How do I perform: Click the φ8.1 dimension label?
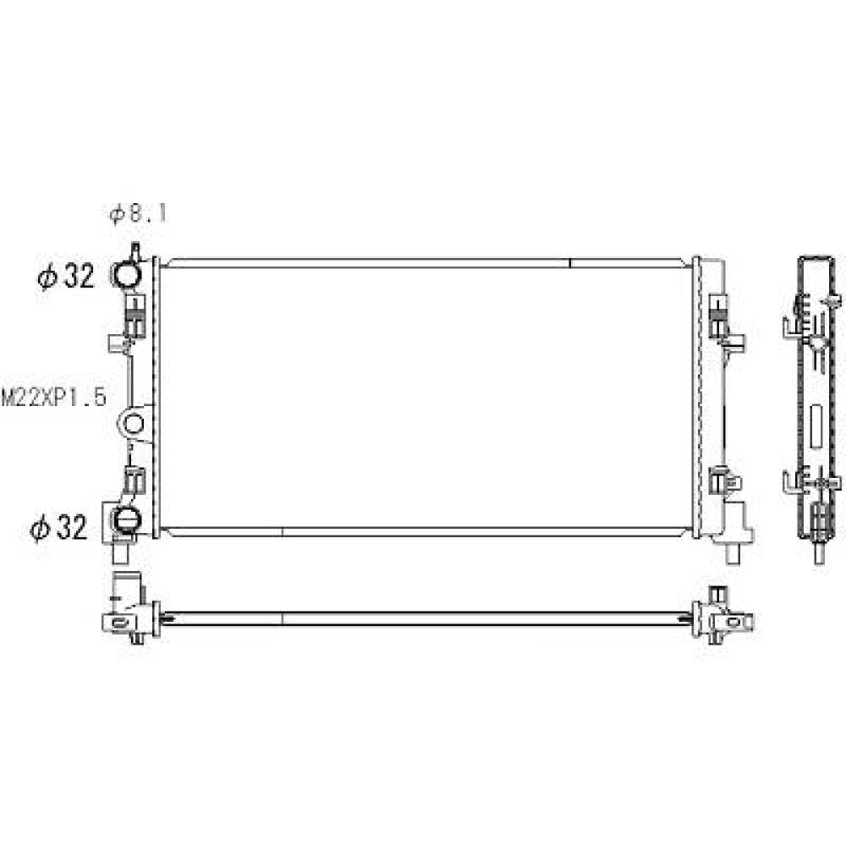coord(138,214)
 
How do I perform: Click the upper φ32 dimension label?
coord(66,276)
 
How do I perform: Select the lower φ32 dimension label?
coord(60,529)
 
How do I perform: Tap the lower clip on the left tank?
coord(133,481)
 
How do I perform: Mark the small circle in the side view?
coord(817,342)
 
